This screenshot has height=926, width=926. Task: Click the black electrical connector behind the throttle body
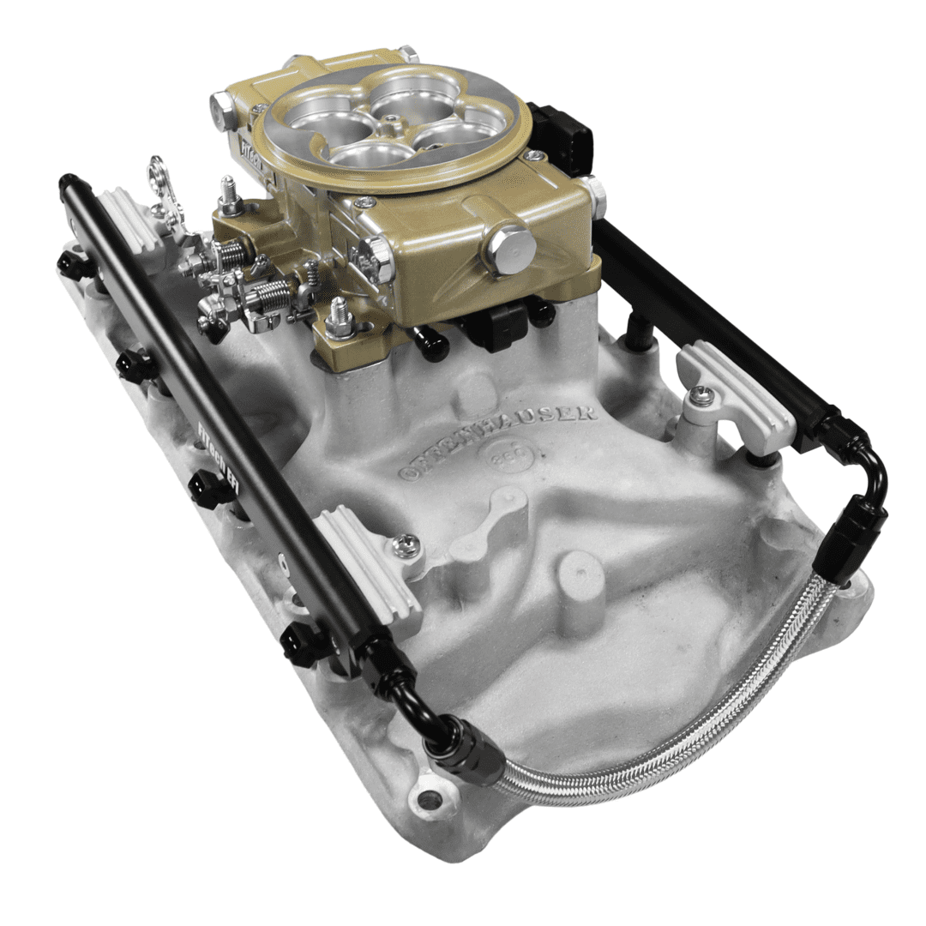click(562, 137)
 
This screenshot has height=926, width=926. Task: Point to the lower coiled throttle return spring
click(270, 296)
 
